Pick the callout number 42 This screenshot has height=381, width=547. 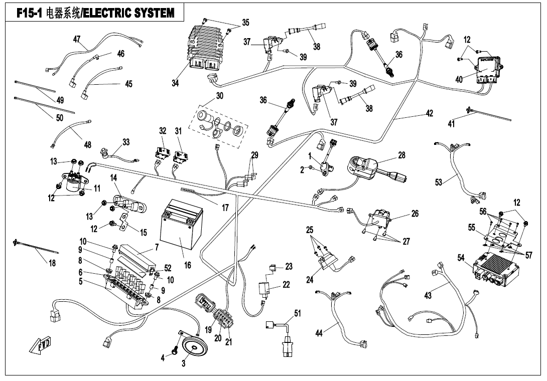coord(429,113)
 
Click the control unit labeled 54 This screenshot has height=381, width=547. coord(495,270)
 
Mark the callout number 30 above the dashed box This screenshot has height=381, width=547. coord(219,96)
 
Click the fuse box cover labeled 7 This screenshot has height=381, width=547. coord(136,258)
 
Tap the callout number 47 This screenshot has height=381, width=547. coord(77,39)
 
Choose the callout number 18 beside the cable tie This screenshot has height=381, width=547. coord(52,263)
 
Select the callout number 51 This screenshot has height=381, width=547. coord(297,313)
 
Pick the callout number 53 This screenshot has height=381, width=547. coord(439,182)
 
